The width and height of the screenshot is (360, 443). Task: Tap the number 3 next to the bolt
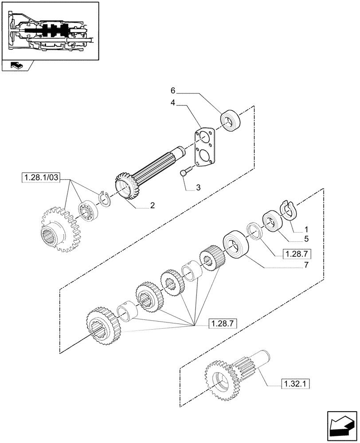[x=198, y=188]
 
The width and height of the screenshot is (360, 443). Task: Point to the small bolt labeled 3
[x=185, y=172]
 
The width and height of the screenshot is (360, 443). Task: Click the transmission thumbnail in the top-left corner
[x=50, y=30]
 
